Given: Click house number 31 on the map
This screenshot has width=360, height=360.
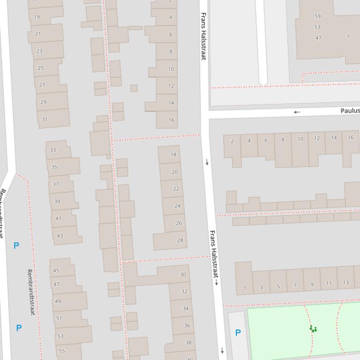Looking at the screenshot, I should click(x=44, y=119).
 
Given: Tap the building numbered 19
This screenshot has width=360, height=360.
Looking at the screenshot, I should click(x=37, y=17).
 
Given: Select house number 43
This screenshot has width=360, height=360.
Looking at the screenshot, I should click(x=59, y=236).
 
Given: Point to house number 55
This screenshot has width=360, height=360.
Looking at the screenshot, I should click(x=62, y=351).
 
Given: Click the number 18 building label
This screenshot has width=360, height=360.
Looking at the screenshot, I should click(x=174, y=154).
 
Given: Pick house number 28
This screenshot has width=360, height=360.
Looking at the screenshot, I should click(x=180, y=240).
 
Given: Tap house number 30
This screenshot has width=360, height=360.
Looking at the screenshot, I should click(x=183, y=274).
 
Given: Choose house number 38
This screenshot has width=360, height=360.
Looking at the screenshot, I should click(x=188, y=342).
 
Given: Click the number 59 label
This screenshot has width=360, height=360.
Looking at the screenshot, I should click(x=318, y=16).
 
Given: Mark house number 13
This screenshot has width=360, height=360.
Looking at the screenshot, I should click(x=345, y=282).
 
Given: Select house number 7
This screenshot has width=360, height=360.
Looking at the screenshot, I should click(x=295, y=285).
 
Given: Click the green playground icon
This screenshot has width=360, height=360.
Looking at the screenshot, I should click(x=313, y=329).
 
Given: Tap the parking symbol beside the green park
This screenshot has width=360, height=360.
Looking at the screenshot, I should click(x=238, y=333).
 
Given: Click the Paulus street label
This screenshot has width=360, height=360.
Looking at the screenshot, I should click(x=350, y=111).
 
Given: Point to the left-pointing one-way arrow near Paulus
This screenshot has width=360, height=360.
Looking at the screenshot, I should click(x=297, y=112).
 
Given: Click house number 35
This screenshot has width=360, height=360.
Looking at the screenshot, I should click(x=54, y=167).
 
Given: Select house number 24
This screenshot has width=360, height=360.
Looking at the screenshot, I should click(x=177, y=206).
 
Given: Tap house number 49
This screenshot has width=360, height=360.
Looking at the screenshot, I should click(x=58, y=301).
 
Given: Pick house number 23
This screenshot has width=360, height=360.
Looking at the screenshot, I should click(x=39, y=51).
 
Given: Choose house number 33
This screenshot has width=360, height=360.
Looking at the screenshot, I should click(x=52, y=150).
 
